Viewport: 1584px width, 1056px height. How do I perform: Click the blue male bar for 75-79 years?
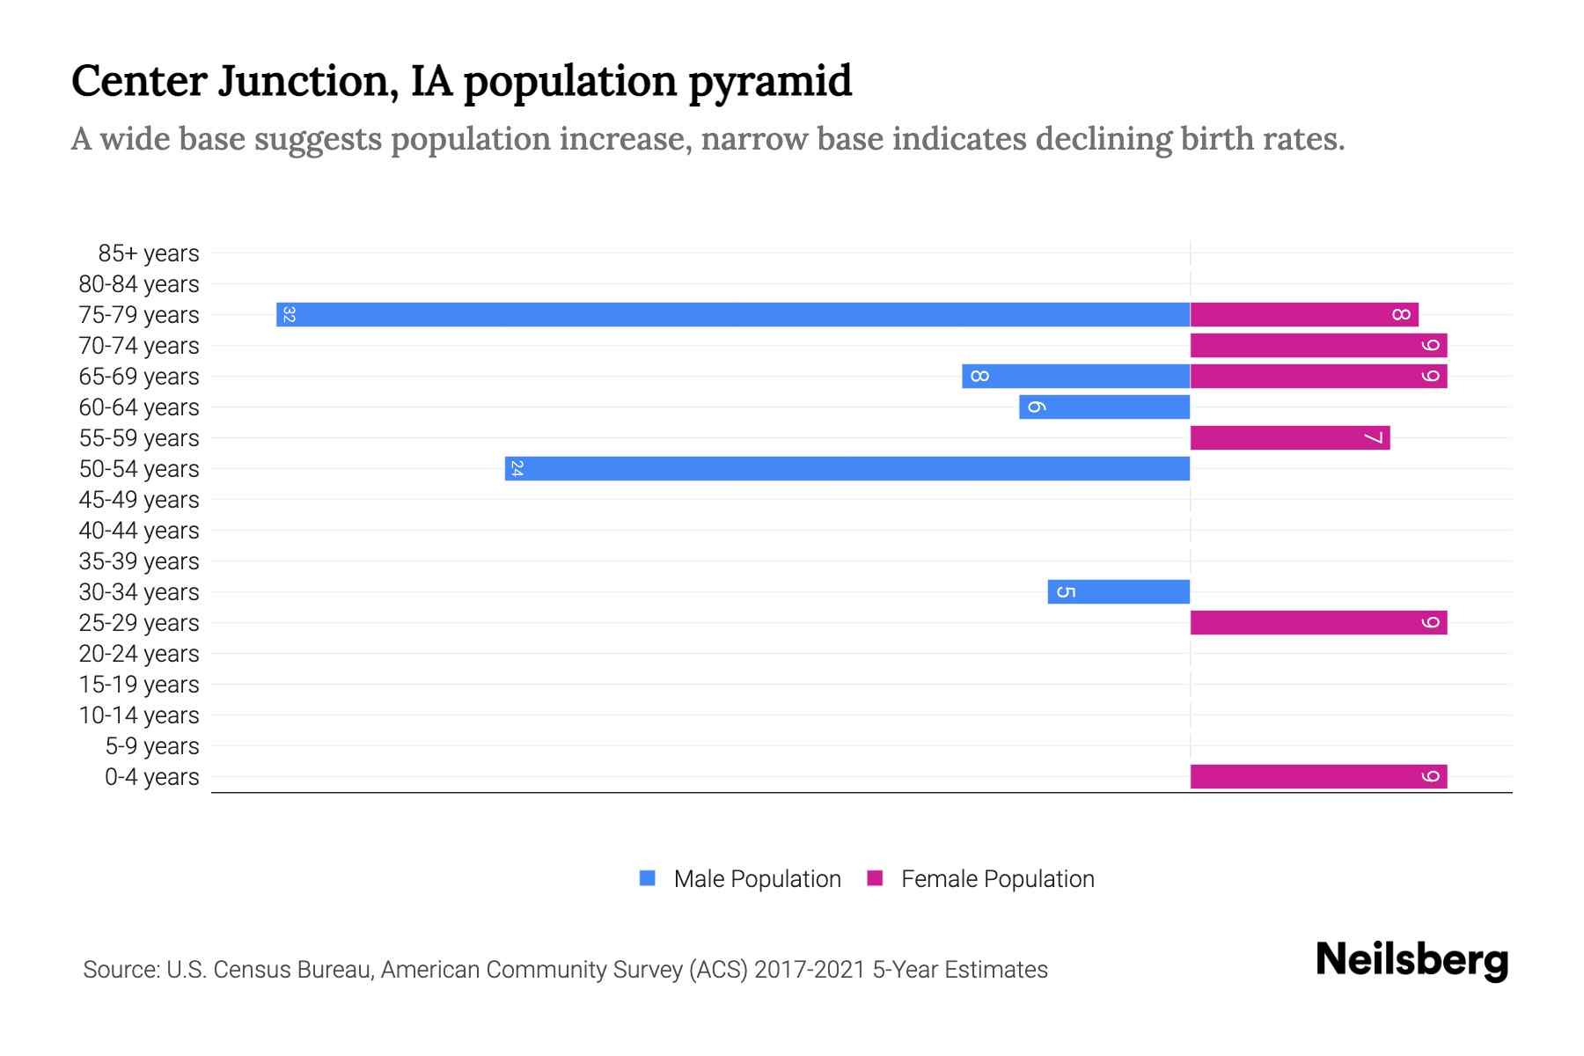pos(733,314)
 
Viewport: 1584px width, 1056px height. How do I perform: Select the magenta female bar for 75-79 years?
pos(1304,314)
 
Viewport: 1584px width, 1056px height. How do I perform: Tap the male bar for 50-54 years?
pos(847,468)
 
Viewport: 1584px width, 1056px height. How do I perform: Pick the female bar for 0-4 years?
pos(1318,776)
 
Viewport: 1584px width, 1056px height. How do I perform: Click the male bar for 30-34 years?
pos(1118,591)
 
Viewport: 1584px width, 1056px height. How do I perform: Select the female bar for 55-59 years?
pos(1290,437)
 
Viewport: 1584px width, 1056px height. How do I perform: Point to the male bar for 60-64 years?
pos(1104,407)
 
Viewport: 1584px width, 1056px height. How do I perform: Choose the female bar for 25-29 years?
pos(1318,622)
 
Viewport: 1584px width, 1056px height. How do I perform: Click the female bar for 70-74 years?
pos(1318,345)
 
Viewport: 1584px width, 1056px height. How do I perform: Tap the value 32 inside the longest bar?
pos(289,314)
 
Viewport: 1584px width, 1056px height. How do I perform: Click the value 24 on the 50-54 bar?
pos(517,468)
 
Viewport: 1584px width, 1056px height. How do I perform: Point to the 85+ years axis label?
pos(148,253)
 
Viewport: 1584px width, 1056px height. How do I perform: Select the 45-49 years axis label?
pos(139,500)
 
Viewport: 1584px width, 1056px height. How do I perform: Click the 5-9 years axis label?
pos(151,746)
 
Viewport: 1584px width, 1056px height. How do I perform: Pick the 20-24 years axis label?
pos(139,654)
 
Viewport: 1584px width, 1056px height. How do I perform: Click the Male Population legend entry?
pos(756,878)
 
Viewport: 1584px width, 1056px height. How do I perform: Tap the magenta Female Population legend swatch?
pos(875,878)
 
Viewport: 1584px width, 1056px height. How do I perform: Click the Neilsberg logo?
pos(1412,960)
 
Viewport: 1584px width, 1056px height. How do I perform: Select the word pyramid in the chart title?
pos(770,81)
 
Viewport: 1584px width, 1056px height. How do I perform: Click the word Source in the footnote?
pos(121,970)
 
